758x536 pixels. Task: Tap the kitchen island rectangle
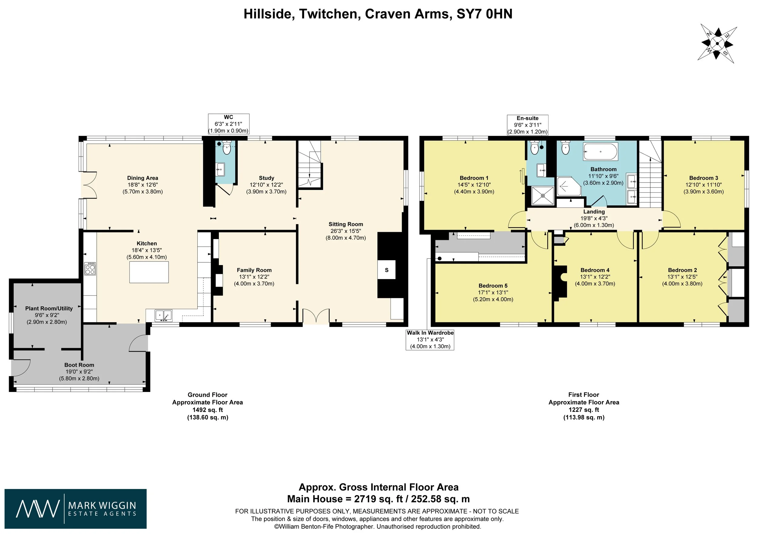149,272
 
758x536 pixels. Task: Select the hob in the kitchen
90,268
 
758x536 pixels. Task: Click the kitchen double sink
163,315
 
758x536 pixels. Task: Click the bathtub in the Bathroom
600,152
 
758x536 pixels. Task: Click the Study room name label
267,178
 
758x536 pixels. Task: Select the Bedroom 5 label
493,286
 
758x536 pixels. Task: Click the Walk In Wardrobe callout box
430,339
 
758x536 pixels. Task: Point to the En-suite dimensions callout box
527,125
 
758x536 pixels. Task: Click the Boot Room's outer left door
21,368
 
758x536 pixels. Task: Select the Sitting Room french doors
316,315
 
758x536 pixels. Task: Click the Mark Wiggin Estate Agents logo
75,509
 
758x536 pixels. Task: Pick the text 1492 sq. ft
207,410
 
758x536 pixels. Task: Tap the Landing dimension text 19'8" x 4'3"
594,218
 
